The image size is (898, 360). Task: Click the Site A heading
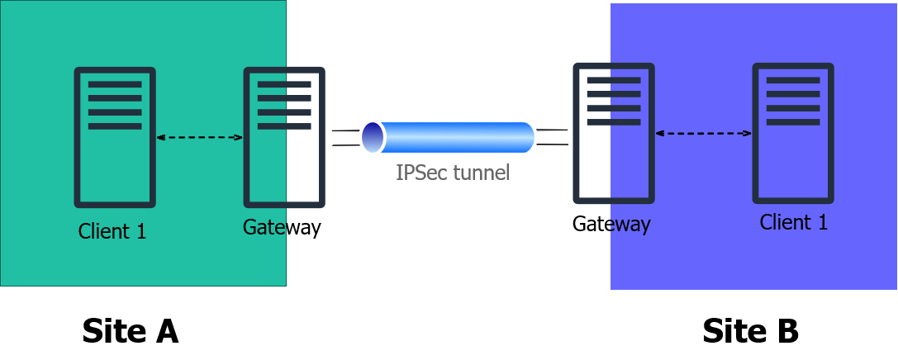(131, 331)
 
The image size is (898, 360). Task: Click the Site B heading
(750, 331)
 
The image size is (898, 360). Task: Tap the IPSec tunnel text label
(453, 173)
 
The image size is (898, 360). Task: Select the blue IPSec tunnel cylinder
(449, 137)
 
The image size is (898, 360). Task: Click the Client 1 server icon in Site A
(115, 137)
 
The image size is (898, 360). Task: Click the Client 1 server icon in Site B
(793, 134)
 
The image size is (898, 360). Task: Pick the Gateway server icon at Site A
(284, 137)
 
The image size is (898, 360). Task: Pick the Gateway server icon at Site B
(614, 134)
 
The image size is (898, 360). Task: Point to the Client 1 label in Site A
(112, 231)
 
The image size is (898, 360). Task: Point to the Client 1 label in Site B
(794, 221)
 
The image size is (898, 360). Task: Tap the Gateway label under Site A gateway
(282, 227)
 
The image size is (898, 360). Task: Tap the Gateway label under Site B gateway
(611, 224)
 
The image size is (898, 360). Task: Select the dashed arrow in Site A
(200, 137)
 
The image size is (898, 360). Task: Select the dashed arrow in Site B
(703, 134)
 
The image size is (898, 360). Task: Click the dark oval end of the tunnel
(373, 137)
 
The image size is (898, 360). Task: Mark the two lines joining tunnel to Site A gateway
(346, 138)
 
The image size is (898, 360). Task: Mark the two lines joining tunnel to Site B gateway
(552, 137)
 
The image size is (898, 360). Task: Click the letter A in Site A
(165, 331)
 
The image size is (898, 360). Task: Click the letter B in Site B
(786, 331)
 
